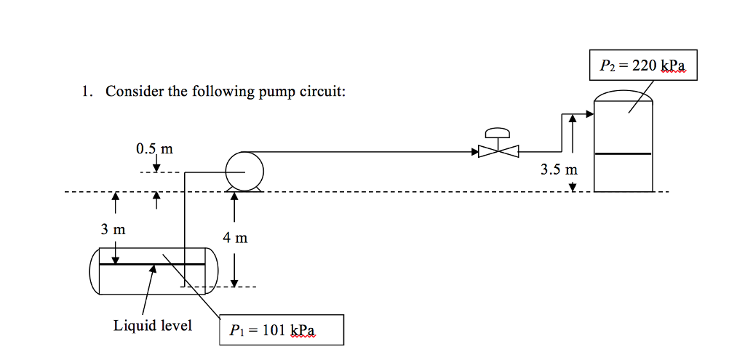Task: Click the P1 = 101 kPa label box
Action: tap(282, 330)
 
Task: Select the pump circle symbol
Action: tap(244, 171)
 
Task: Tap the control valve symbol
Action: tap(498, 151)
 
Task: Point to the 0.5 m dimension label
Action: tap(154, 149)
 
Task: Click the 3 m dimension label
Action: tap(113, 230)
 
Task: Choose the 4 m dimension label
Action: tap(236, 237)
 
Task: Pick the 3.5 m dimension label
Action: tap(558, 170)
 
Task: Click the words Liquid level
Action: tap(153, 325)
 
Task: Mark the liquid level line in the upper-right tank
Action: tap(623, 153)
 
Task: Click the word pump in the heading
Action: tap(274, 92)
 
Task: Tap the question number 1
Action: tap(86, 92)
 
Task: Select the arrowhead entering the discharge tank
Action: tap(589, 113)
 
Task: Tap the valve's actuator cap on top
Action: tap(498, 132)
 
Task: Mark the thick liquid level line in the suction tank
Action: tap(152, 264)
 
